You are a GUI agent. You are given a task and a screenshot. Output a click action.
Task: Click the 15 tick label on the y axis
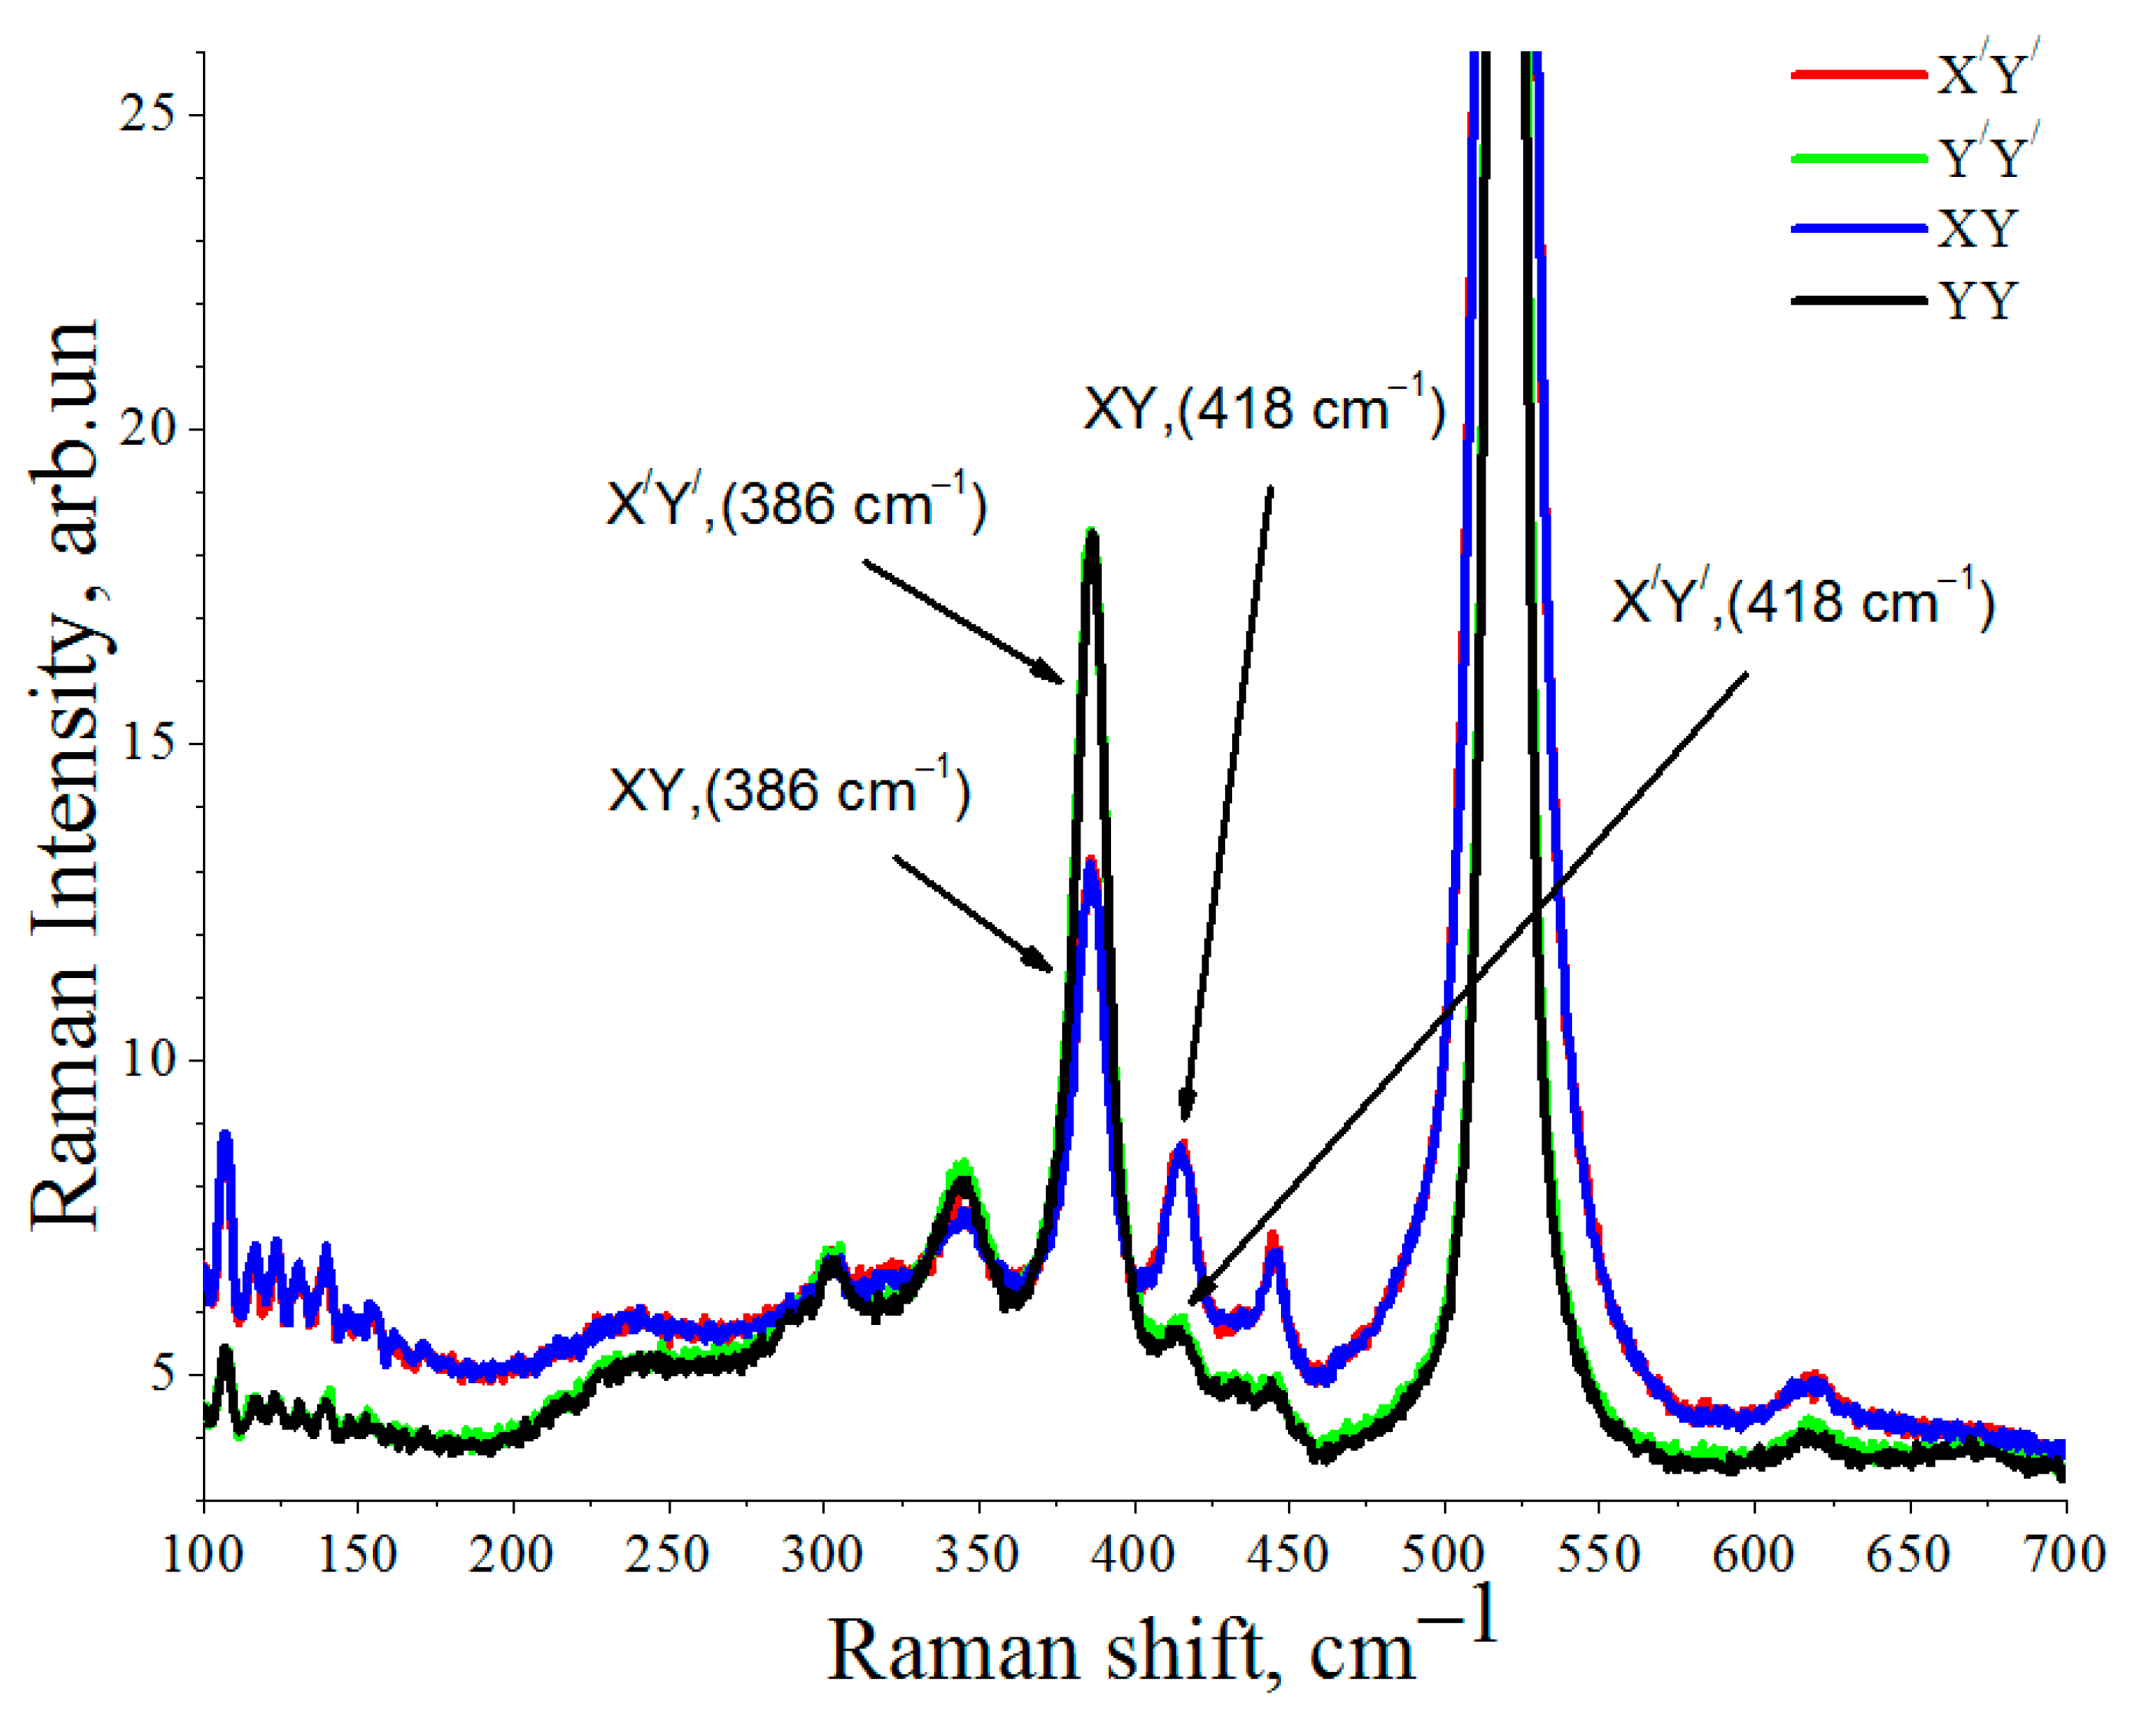(159, 744)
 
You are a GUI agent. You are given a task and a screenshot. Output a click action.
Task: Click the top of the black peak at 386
(1092, 537)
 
